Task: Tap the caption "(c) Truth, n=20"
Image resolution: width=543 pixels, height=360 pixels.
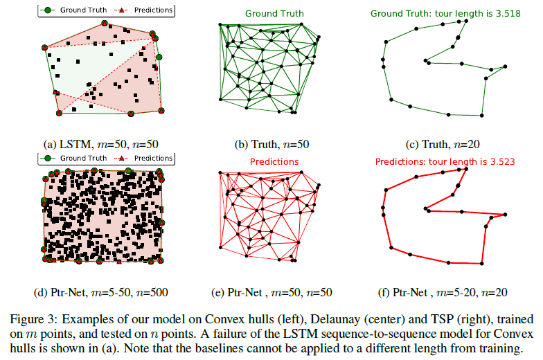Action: click(x=443, y=145)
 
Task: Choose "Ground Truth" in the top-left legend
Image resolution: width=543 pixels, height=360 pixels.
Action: click(x=83, y=10)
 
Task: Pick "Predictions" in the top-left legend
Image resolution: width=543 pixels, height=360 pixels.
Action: click(x=148, y=10)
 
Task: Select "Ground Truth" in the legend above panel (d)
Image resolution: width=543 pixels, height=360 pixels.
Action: click(x=83, y=158)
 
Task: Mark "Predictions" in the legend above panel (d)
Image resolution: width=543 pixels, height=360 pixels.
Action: click(x=148, y=158)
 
